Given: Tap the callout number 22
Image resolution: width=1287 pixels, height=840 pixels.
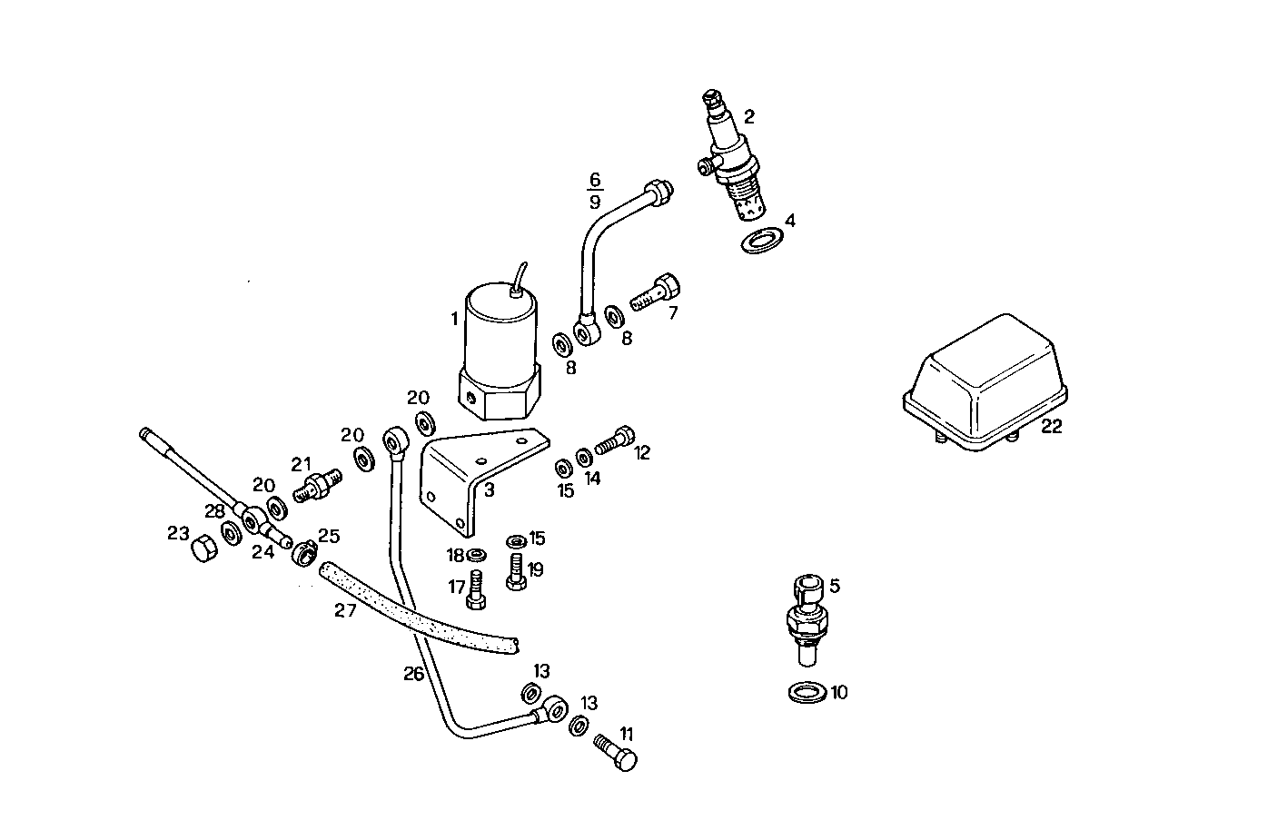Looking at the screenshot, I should [1051, 427].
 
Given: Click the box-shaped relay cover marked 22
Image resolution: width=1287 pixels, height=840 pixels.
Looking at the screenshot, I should [985, 381].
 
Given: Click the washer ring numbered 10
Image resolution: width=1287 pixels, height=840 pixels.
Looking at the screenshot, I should [806, 693].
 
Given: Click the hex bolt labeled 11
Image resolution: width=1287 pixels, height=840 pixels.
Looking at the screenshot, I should [618, 755].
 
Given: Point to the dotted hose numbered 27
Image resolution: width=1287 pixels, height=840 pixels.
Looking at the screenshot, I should [418, 608].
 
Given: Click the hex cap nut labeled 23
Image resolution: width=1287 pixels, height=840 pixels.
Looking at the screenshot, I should [204, 548].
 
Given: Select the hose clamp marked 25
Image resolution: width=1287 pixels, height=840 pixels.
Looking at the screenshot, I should [303, 550].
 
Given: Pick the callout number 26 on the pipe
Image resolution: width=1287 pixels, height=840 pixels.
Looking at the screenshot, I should [414, 674].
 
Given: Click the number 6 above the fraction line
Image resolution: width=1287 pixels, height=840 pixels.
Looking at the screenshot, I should [596, 179].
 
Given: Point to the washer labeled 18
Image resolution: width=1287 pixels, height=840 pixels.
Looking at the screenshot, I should [476, 554].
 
